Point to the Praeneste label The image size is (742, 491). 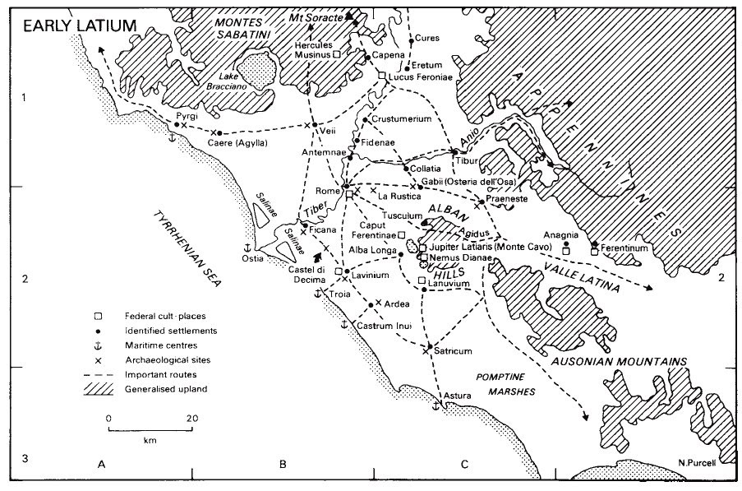point(505,199)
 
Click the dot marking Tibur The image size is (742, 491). point(454,151)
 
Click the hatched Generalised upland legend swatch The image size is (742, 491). point(98,389)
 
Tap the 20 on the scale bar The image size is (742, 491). point(191,419)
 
